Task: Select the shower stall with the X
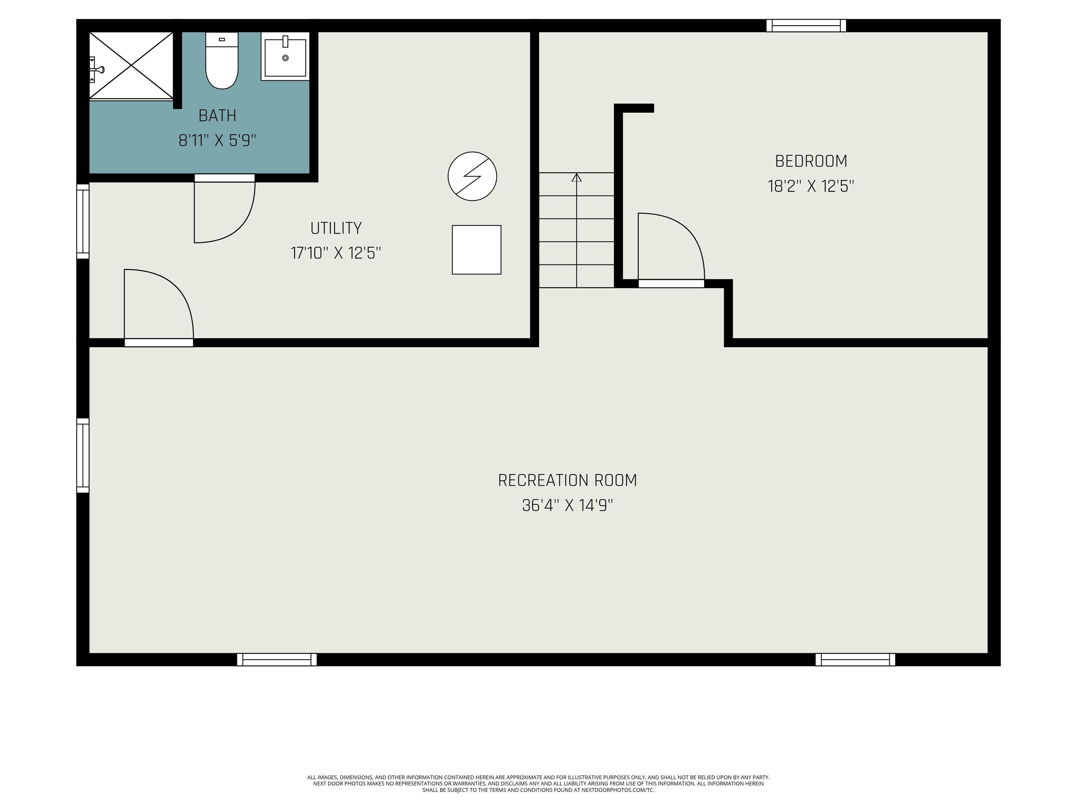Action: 131,65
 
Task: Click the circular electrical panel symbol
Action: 472,176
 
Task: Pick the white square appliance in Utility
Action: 477,250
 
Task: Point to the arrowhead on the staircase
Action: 576,177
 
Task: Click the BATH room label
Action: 218,116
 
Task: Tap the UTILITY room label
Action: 336,228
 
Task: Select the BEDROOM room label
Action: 811,161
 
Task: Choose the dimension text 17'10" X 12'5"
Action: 336,253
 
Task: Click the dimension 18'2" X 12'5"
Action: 811,186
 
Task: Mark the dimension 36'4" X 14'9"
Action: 567,506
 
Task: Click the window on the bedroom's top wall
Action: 806,25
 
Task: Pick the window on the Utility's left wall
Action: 83,221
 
